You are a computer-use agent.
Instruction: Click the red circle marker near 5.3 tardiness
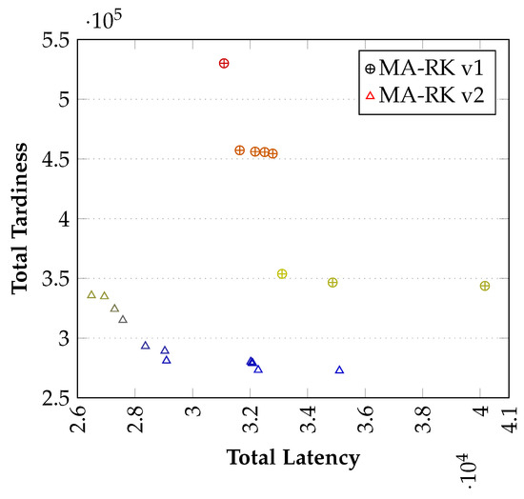(x=224, y=63)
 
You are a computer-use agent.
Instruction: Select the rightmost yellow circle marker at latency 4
(x=485, y=286)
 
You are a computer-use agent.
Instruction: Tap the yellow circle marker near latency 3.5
(x=333, y=283)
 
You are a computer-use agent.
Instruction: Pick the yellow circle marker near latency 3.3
(x=282, y=274)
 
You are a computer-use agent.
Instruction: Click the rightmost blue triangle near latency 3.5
(x=339, y=369)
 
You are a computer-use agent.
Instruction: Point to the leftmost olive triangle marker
(x=91, y=294)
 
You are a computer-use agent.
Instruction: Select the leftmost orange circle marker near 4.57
(x=240, y=150)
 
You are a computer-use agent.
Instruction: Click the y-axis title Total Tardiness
(x=21, y=218)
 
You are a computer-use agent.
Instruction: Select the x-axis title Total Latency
(x=292, y=458)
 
